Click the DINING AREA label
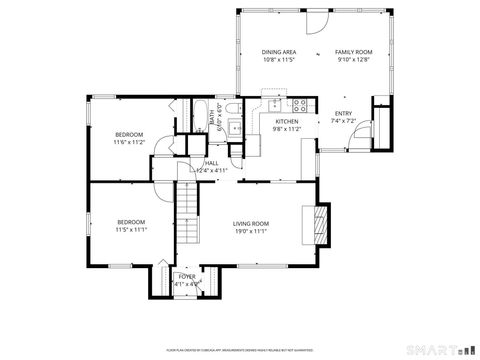278,51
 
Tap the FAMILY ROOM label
352,51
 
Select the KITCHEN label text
288,120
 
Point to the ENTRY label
343,113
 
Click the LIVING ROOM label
251,223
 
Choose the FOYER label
187,276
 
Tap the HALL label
212,163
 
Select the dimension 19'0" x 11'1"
251,231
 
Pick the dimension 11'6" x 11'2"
129,142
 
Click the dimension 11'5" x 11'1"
131,230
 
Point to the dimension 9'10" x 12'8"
352,59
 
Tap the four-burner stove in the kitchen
297,103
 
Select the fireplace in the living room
320,223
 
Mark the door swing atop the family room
316,20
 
